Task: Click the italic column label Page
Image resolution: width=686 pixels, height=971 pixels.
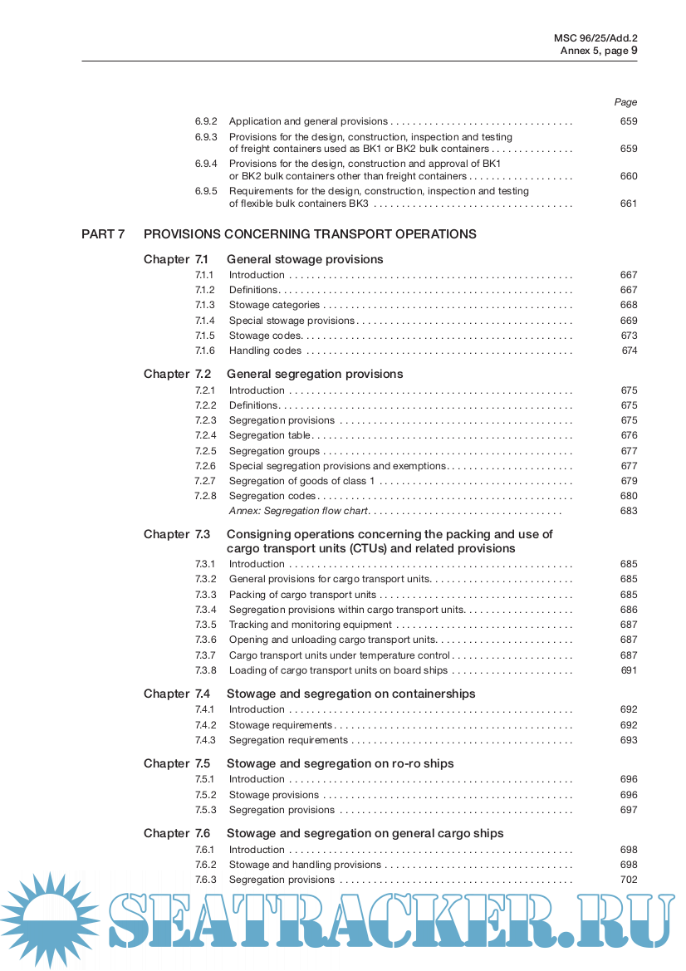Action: [625, 102]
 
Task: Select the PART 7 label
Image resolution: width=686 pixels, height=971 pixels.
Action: [103, 234]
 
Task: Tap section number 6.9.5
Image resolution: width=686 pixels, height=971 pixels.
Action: [206, 191]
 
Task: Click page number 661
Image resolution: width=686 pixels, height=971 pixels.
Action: [629, 204]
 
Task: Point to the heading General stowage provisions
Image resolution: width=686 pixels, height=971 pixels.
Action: [305, 259]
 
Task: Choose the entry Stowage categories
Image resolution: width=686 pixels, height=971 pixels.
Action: [274, 306]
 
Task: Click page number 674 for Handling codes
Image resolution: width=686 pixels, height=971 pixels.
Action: [630, 351]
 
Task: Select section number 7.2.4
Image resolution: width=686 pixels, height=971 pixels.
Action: [205, 435]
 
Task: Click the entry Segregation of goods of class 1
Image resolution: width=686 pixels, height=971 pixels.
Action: [302, 481]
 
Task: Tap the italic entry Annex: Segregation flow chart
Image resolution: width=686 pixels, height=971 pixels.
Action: [298, 511]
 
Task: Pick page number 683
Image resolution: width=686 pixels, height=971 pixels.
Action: [629, 511]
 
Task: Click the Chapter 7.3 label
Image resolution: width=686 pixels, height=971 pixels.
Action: [176, 534]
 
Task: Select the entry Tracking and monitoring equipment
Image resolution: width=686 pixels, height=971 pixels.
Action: [311, 625]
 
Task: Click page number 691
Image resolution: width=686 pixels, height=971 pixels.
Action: [630, 670]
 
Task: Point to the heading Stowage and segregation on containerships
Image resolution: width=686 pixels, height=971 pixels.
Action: [351, 694]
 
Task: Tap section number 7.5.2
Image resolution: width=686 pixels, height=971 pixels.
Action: [205, 795]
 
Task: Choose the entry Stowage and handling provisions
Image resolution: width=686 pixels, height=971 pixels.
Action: [293, 865]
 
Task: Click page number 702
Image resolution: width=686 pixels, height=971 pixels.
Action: [629, 880]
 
